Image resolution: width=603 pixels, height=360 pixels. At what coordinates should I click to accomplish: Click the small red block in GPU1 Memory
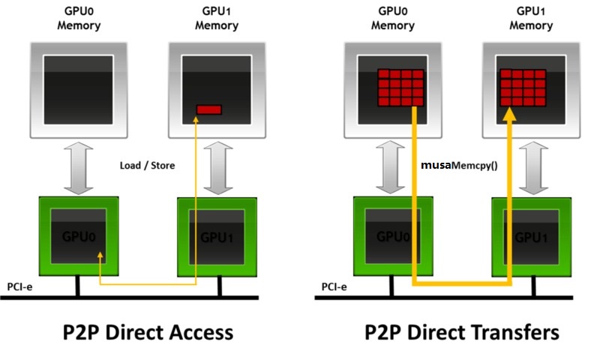point(209,109)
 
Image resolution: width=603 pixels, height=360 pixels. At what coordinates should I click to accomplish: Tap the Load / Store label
point(147,166)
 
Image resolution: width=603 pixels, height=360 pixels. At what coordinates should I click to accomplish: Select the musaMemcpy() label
point(459,166)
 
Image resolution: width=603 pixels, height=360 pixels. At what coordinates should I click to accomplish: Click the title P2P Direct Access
point(148,332)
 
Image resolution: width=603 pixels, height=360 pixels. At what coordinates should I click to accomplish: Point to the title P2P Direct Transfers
point(462,332)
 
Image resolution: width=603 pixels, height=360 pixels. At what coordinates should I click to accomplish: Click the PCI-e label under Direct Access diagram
point(19,287)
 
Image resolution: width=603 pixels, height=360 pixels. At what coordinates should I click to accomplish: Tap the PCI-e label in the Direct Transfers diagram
point(334,287)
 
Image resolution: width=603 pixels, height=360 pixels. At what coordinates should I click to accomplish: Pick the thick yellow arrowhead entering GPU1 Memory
point(510,115)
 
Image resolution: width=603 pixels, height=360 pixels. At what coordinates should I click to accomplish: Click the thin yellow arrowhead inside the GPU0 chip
point(100,256)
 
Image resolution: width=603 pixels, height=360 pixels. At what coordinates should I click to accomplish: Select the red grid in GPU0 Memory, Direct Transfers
point(400,88)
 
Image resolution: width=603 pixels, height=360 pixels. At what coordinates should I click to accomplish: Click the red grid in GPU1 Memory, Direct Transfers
point(523,88)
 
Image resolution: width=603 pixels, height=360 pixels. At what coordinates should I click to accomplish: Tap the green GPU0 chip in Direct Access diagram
point(79,236)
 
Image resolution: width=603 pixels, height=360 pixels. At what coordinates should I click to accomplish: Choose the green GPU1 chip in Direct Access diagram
point(217,237)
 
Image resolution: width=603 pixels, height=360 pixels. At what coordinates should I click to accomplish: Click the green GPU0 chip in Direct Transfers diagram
point(393,236)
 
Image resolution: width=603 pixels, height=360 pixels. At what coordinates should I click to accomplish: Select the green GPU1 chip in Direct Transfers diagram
point(532,237)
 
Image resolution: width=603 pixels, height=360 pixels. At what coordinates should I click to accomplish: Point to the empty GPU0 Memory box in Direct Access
point(79,91)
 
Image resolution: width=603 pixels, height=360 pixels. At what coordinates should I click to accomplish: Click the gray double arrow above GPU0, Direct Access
point(79,168)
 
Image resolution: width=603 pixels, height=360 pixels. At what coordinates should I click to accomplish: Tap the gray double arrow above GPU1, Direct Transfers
point(533,168)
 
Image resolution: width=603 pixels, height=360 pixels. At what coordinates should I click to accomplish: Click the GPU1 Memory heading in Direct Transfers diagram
point(531,18)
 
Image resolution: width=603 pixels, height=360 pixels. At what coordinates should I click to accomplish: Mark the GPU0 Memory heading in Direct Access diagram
point(79,18)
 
